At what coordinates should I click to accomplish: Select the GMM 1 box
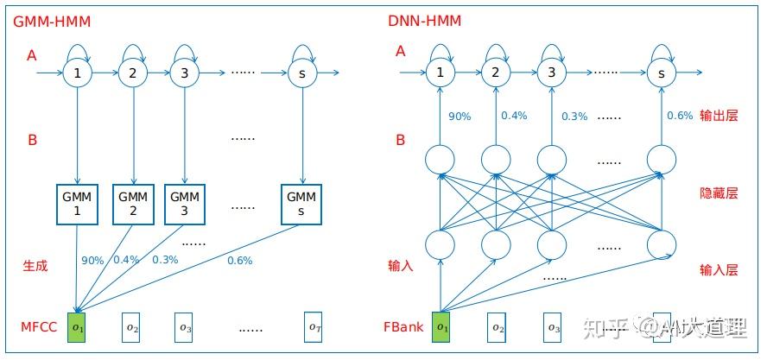pos(78,204)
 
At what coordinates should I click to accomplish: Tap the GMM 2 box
pos(132,204)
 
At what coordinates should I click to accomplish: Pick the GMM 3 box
pos(184,204)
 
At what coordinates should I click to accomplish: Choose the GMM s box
pos(302,204)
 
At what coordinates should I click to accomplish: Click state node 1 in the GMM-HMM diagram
pos(78,73)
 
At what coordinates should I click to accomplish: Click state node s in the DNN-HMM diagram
pos(662,73)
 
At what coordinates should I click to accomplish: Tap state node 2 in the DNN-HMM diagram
pos(495,73)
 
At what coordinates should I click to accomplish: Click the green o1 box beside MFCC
pos(78,327)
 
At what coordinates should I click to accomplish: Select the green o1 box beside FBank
pos(442,327)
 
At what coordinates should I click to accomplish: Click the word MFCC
pos(39,328)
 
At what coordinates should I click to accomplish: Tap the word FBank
pos(403,328)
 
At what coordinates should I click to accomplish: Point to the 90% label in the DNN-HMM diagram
pos(460,117)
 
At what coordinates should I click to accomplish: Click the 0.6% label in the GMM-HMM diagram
pos(239,261)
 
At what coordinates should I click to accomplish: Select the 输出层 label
pos(719,116)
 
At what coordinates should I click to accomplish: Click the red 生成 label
pos(35,266)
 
